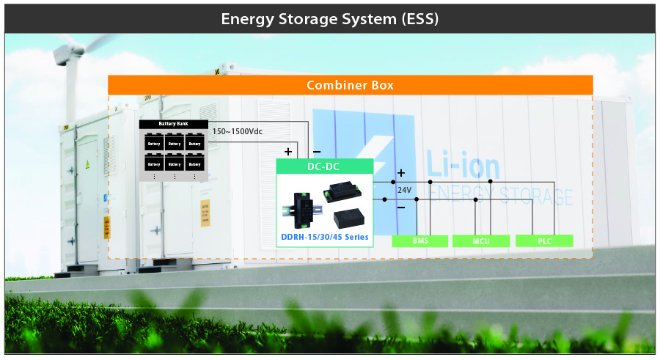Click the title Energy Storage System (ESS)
pos(330,18)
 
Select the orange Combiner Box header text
pos(350,85)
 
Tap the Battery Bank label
pos(173,124)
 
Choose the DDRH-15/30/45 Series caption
pos(325,237)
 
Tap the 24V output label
pos(404,189)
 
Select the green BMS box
pos(420,240)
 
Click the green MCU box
pos(480,240)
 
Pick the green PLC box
pos(543,240)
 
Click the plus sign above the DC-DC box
pos(288,151)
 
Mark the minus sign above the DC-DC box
pos(316,151)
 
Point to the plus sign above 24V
pos(400,174)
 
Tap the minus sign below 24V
pos(400,206)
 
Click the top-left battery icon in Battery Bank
pos(153,142)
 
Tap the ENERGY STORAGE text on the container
pos(499,196)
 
